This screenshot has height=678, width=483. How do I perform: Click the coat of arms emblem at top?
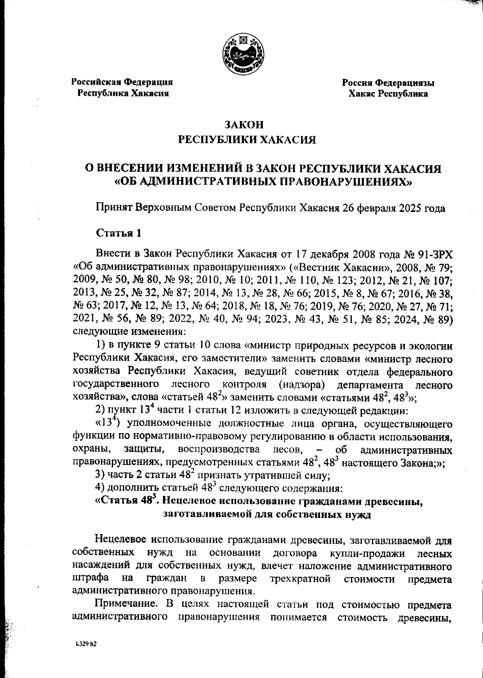243,55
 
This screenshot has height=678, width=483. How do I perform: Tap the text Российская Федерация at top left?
122,82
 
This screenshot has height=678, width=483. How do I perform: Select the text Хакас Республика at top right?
388,94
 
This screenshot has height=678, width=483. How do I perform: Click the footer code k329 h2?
86,643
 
